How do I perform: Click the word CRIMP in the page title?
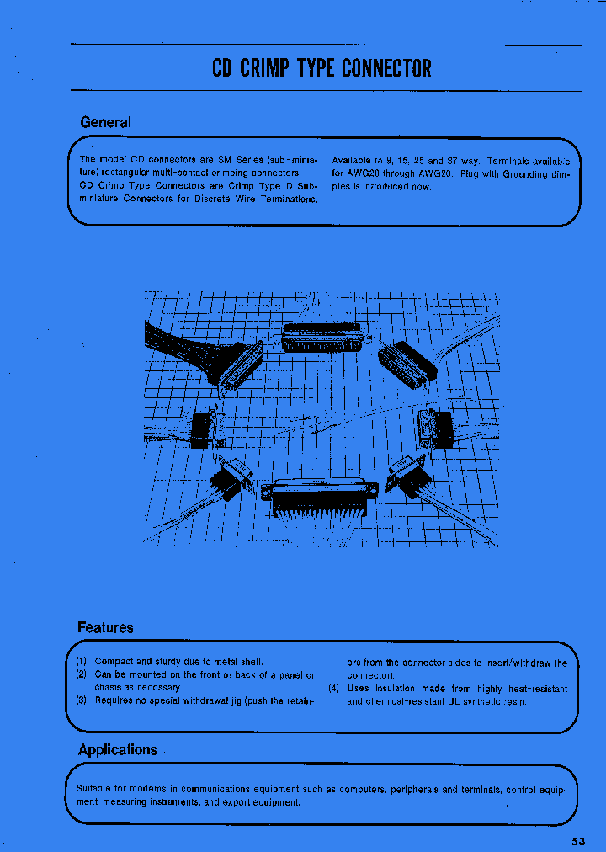tap(266, 68)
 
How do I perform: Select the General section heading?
tap(105, 122)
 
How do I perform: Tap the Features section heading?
tap(105, 627)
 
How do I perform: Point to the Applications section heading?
tap(117, 749)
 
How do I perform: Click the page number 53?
tap(577, 840)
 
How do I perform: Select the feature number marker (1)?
tap(82, 663)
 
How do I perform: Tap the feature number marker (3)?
tap(82, 700)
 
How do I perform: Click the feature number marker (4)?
tap(334, 688)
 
